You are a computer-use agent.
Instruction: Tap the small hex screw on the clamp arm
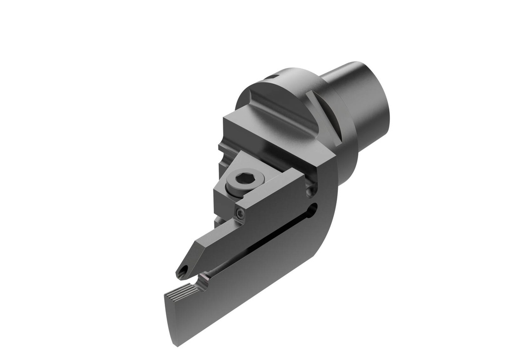pyautogui.click(x=240, y=213)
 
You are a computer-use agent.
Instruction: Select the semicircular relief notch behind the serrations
pyautogui.click(x=202, y=284)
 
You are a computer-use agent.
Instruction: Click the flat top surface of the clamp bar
pyautogui.click(x=270, y=186)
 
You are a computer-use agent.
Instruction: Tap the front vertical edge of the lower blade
pyautogui.click(x=169, y=317)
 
